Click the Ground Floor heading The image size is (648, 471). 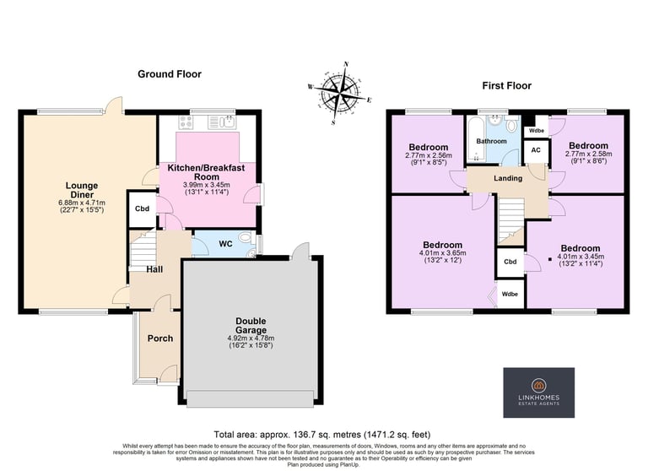pos(170,74)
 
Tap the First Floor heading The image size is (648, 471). pos(506,85)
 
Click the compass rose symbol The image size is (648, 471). pos(340,93)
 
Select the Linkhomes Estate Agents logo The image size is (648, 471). pos(539,392)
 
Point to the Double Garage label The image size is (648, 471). pos(251,326)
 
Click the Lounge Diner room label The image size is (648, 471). pos(82,190)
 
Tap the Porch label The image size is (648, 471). pos(160,338)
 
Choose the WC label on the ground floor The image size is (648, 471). pos(225,244)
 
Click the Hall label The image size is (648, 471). pos(154,269)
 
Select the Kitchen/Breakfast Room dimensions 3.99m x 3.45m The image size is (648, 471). pos(207,185)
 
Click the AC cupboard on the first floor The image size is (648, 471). pos(536,152)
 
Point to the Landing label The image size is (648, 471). pos(508,178)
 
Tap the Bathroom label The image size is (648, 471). pos(491,141)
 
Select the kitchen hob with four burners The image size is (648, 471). pos(186,122)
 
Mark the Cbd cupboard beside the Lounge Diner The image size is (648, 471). pos(142,208)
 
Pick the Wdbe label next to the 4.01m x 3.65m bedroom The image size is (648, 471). pos(510,294)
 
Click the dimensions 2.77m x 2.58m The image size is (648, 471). pos(588,154)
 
